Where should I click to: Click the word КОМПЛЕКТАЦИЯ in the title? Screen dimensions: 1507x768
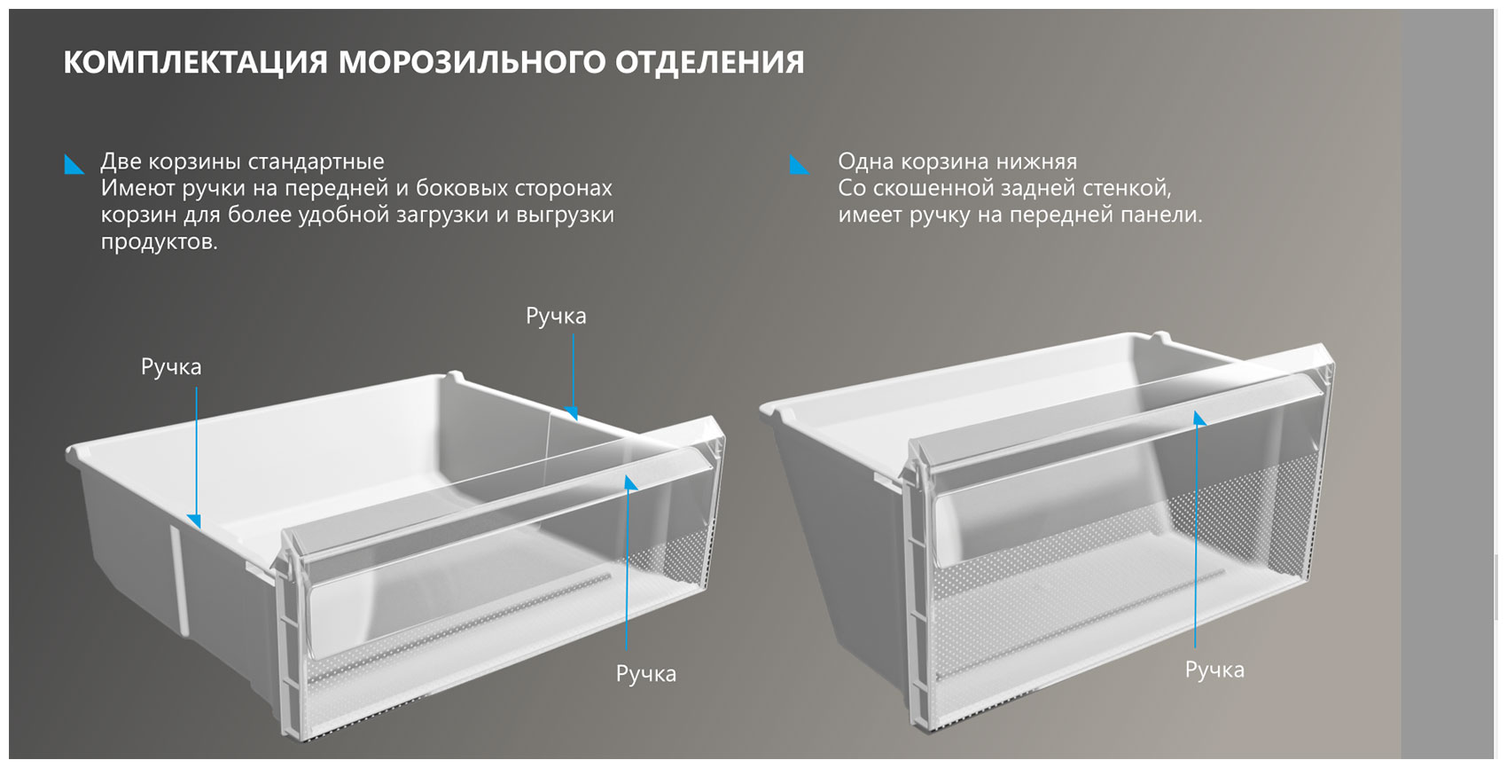(195, 62)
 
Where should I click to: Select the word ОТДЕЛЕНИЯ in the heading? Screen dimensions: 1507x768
(709, 62)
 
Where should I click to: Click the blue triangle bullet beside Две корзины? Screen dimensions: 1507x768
(74, 164)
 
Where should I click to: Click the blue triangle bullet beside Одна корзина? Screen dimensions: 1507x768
(799, 164)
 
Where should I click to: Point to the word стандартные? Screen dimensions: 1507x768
(316, 161)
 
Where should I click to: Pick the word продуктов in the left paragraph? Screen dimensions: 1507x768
(159, 241)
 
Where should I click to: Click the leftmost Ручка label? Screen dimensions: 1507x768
(171, 367)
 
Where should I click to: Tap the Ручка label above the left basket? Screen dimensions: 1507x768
(556, 317)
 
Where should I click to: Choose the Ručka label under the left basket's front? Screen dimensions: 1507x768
(646, 674)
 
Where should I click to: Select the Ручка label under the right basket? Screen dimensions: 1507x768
(1214, 670)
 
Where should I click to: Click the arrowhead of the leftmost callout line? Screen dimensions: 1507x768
(194, 521)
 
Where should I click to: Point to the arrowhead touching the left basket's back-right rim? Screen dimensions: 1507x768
(572, 413)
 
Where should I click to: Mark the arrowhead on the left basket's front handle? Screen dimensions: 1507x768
(629, 482)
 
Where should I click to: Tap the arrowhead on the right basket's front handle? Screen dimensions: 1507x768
(1199, 419)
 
